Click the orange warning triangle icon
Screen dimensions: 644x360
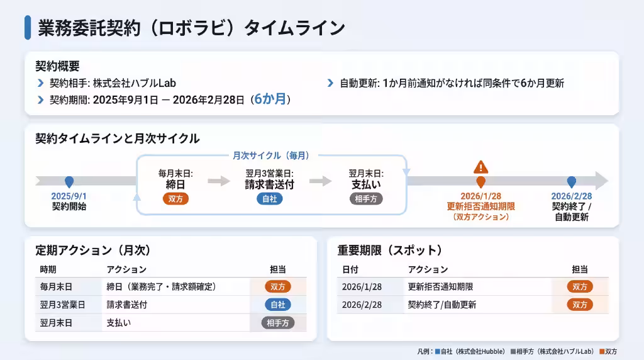[x=480, y=167]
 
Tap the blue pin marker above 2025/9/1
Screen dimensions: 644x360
[x=69, y=182]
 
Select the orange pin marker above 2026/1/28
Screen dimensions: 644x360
[x=480, y=182]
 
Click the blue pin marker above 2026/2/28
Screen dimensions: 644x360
[x=571, y=182]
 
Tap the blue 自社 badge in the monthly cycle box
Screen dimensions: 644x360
[x=269, y=199]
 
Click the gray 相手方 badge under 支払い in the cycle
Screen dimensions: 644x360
[x=366, y=199]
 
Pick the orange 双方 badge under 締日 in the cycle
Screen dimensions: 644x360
[x=175, y=199]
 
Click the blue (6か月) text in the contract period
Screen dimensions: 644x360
[x=270, y=99]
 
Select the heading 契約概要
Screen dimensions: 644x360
[x=57, y=66]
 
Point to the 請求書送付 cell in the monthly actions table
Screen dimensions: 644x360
[x=127, y=305]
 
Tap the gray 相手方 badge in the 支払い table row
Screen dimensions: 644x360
[x=278, y=323]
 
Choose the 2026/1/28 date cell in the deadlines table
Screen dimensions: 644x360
[x=362, y=286]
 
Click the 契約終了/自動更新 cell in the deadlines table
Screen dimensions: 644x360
[x=442, y=305]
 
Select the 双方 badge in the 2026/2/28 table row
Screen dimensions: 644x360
[x=579, y=305]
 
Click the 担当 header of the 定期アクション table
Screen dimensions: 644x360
[x=277, y=269]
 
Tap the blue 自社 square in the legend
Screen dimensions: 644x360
[x=438, y=351]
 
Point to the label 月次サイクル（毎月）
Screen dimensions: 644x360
[x=271, y=155]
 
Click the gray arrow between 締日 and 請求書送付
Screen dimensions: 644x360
[x=219, y=181]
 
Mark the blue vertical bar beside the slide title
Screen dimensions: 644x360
[x=28, y=28]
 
